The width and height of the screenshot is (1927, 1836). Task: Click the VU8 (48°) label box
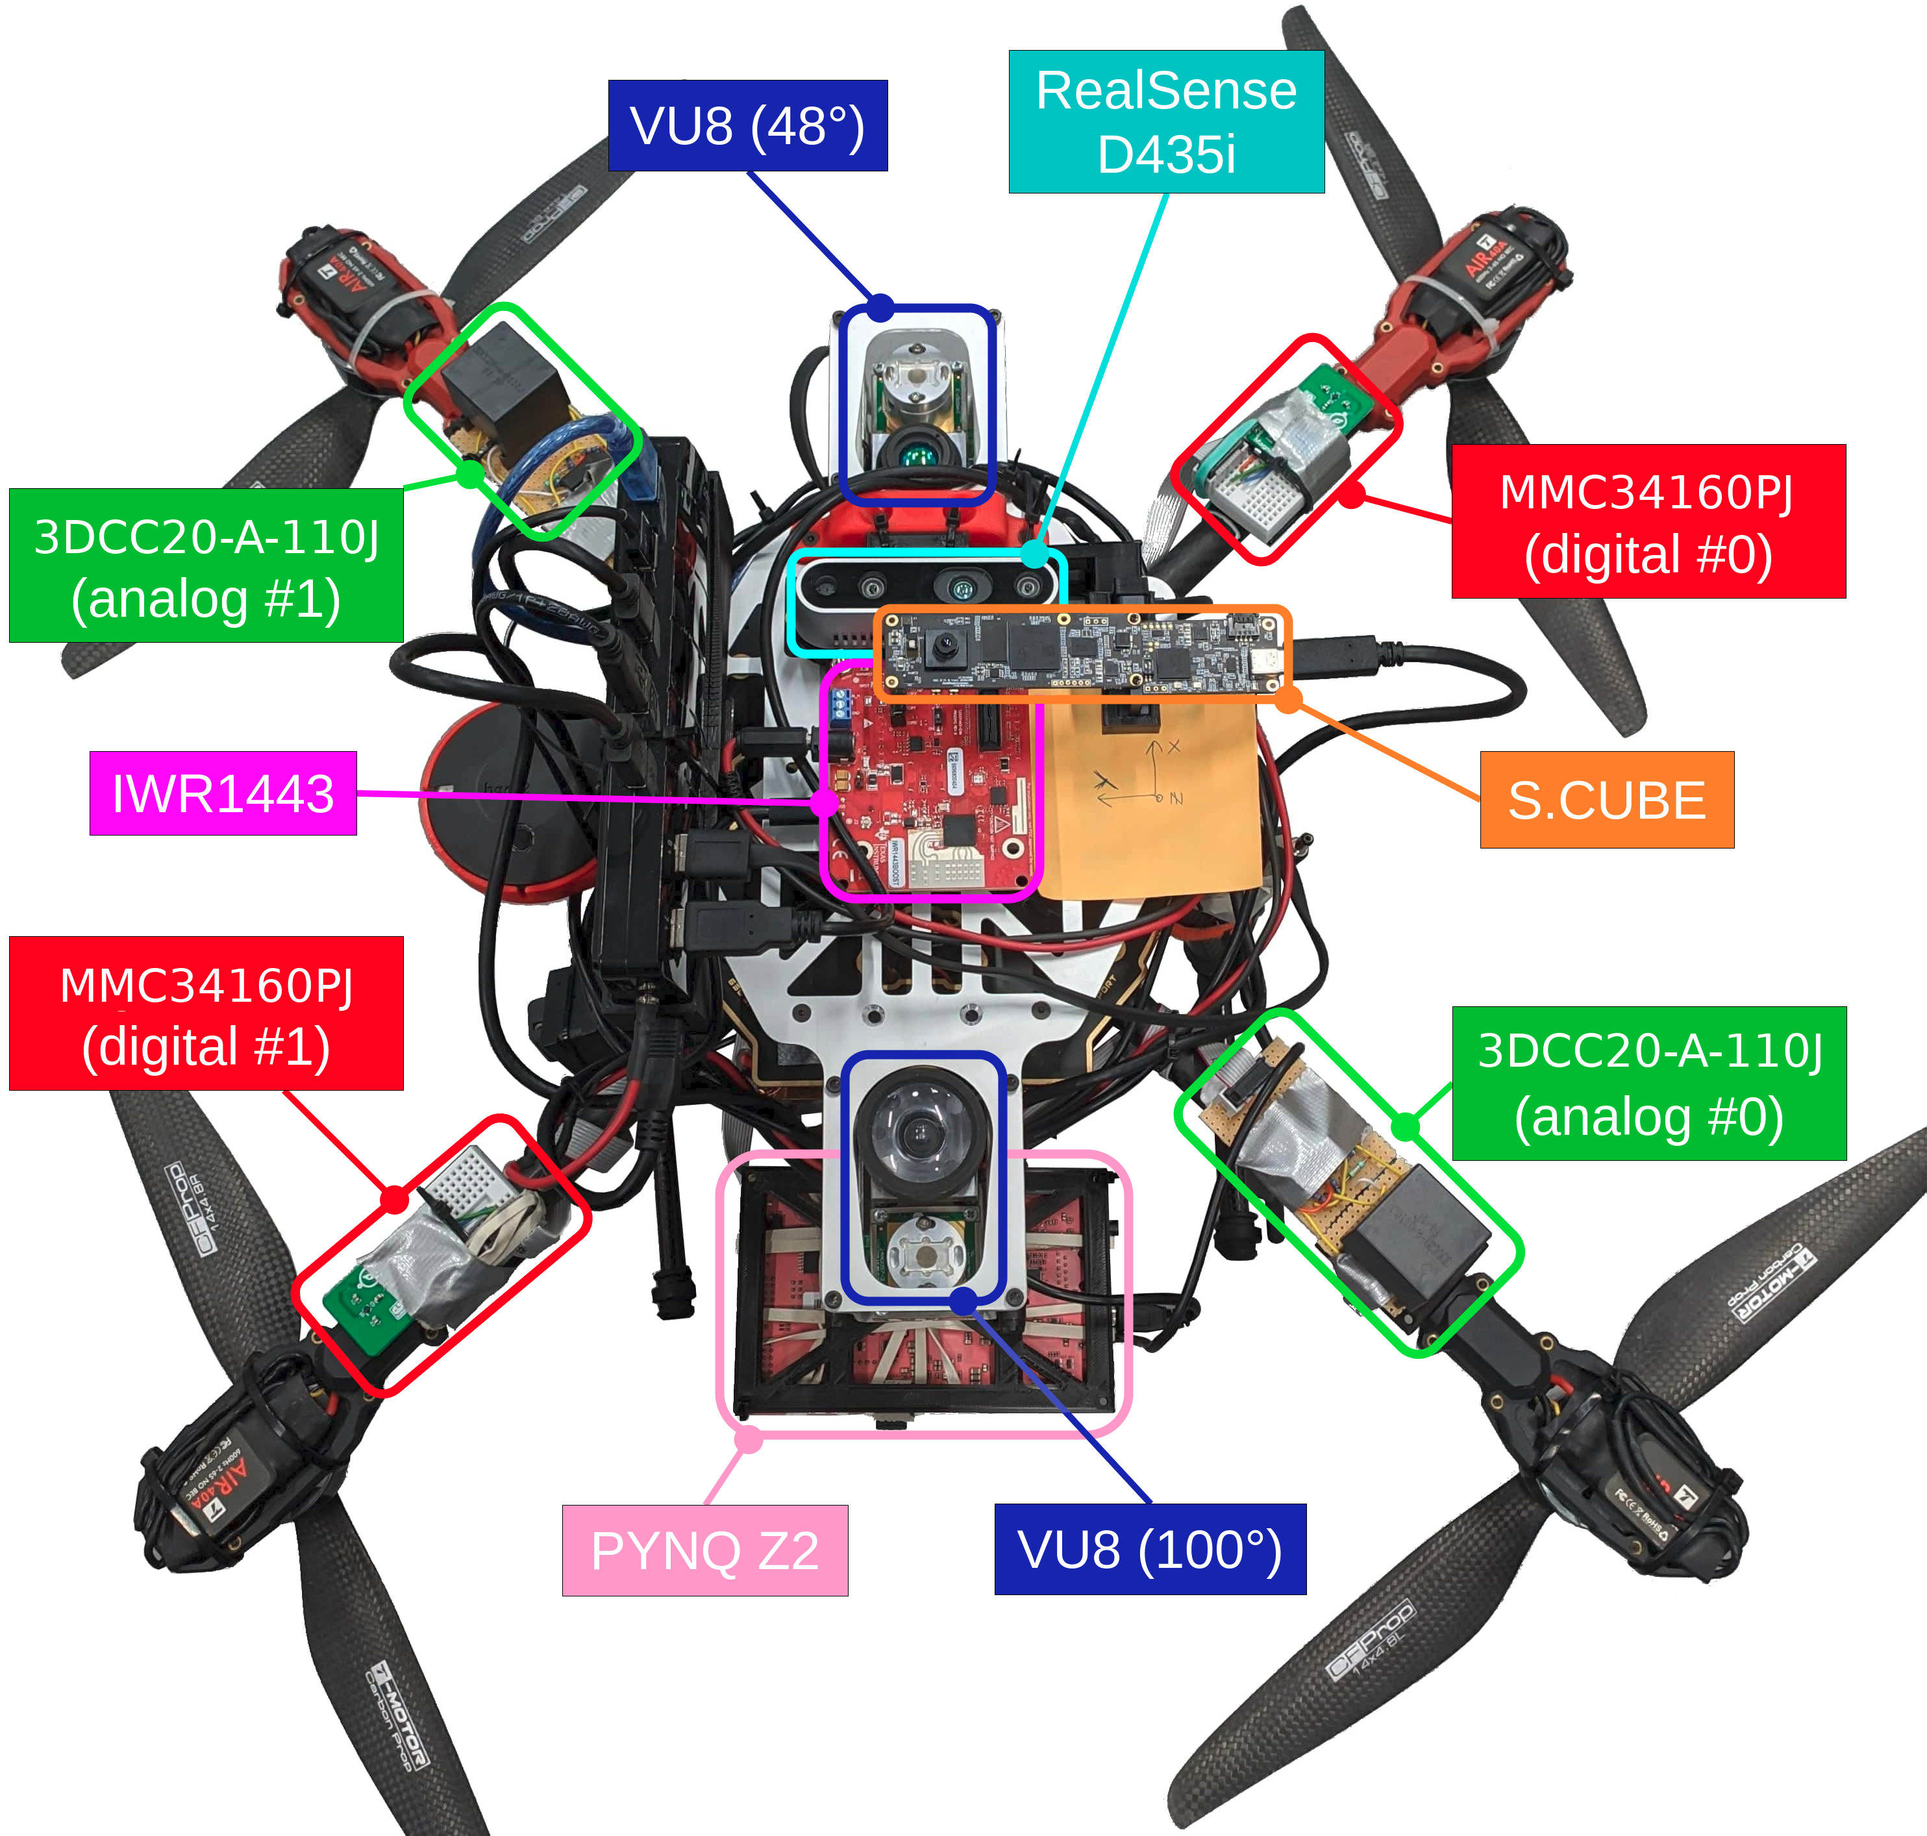[748, 125]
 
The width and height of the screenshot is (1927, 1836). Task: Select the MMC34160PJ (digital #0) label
[1648, 521]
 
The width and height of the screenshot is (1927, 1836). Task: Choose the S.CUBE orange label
[1606, 800]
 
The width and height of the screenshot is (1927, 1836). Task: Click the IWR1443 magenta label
[223, 793]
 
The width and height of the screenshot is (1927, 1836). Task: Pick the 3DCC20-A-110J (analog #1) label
[206, 565]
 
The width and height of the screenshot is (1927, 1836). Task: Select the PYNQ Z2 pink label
[704, 1550]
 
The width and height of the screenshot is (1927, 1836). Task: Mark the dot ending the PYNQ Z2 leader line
[749, 1439]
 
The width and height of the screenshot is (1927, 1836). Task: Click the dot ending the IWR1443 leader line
[825, 802]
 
